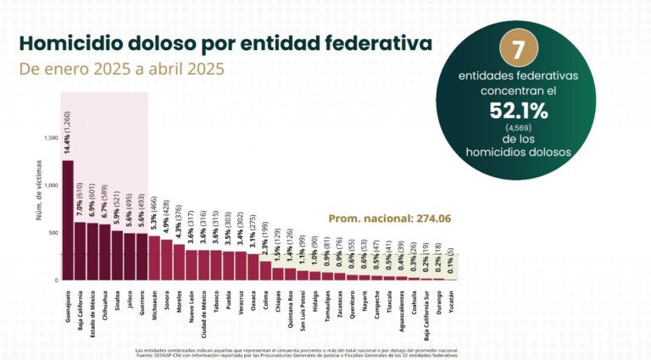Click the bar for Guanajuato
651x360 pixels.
click(68, 220)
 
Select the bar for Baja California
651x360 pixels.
click(80, 251)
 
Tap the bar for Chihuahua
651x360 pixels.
click(104, 252)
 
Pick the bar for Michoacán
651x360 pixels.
click(154, 258)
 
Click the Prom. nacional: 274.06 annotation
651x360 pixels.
click(389, 219)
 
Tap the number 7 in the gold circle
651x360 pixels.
click(513, 49)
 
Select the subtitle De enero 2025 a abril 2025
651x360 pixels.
click(122, 69)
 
